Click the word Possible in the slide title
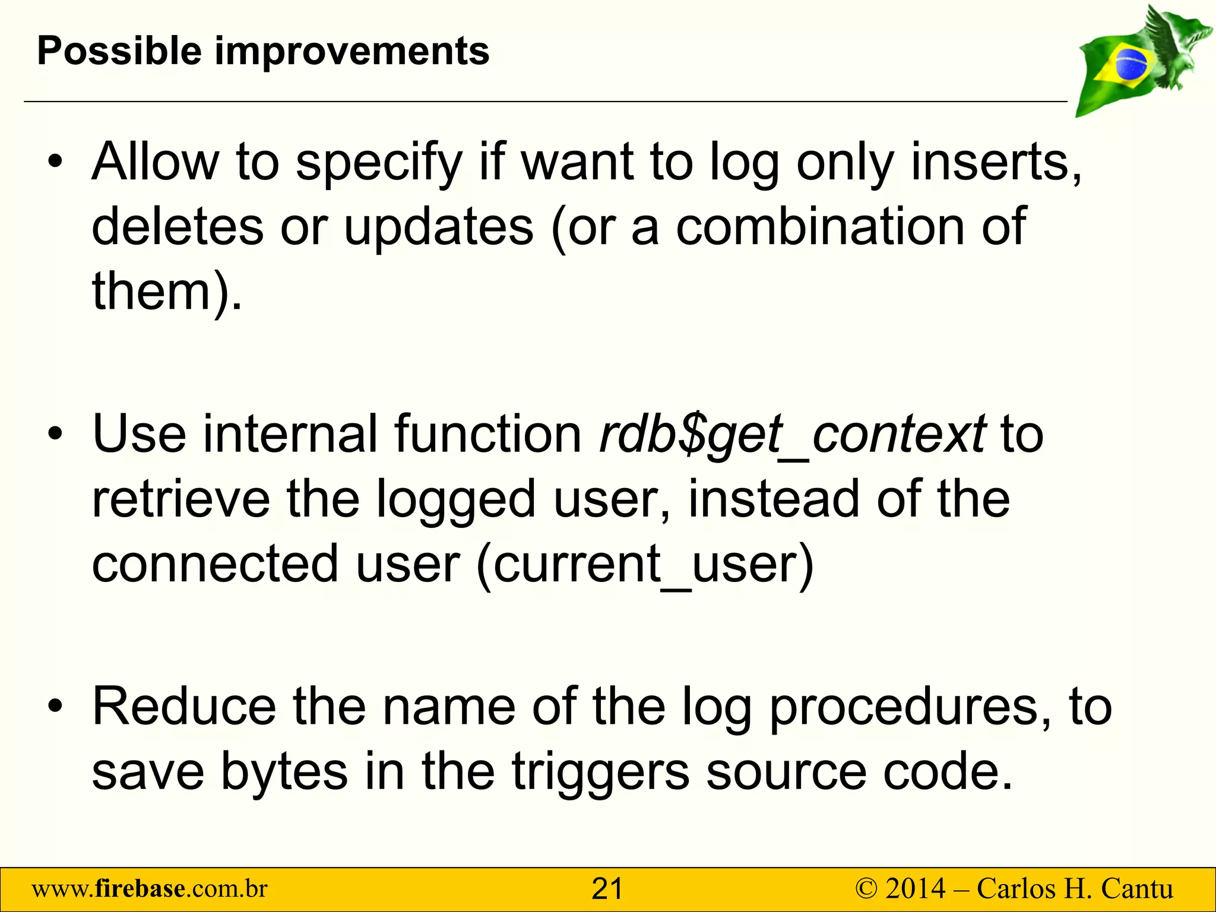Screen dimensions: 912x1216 click(118, 51)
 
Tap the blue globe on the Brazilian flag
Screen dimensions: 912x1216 click(1132, 64)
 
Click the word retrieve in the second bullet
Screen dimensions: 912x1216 click(180, 499)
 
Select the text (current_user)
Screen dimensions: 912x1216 click(645, 563)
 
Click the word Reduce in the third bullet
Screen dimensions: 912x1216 click(184, 707)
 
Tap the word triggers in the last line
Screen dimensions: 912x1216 click(600, 771)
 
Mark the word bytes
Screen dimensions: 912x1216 click(284, 771)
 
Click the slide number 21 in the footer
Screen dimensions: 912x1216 click(607, 889)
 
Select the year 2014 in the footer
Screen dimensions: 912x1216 click(915, 889)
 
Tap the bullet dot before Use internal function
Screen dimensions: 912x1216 click(55, 435)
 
